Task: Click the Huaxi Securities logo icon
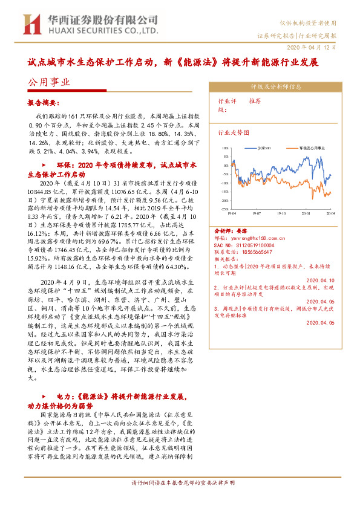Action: (30, 24)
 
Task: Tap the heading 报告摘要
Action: (44, 102)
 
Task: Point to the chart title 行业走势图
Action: (234, 131)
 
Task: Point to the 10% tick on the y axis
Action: (224, 147)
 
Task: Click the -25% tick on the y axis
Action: (224, 200)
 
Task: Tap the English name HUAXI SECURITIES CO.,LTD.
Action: (100, 28)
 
